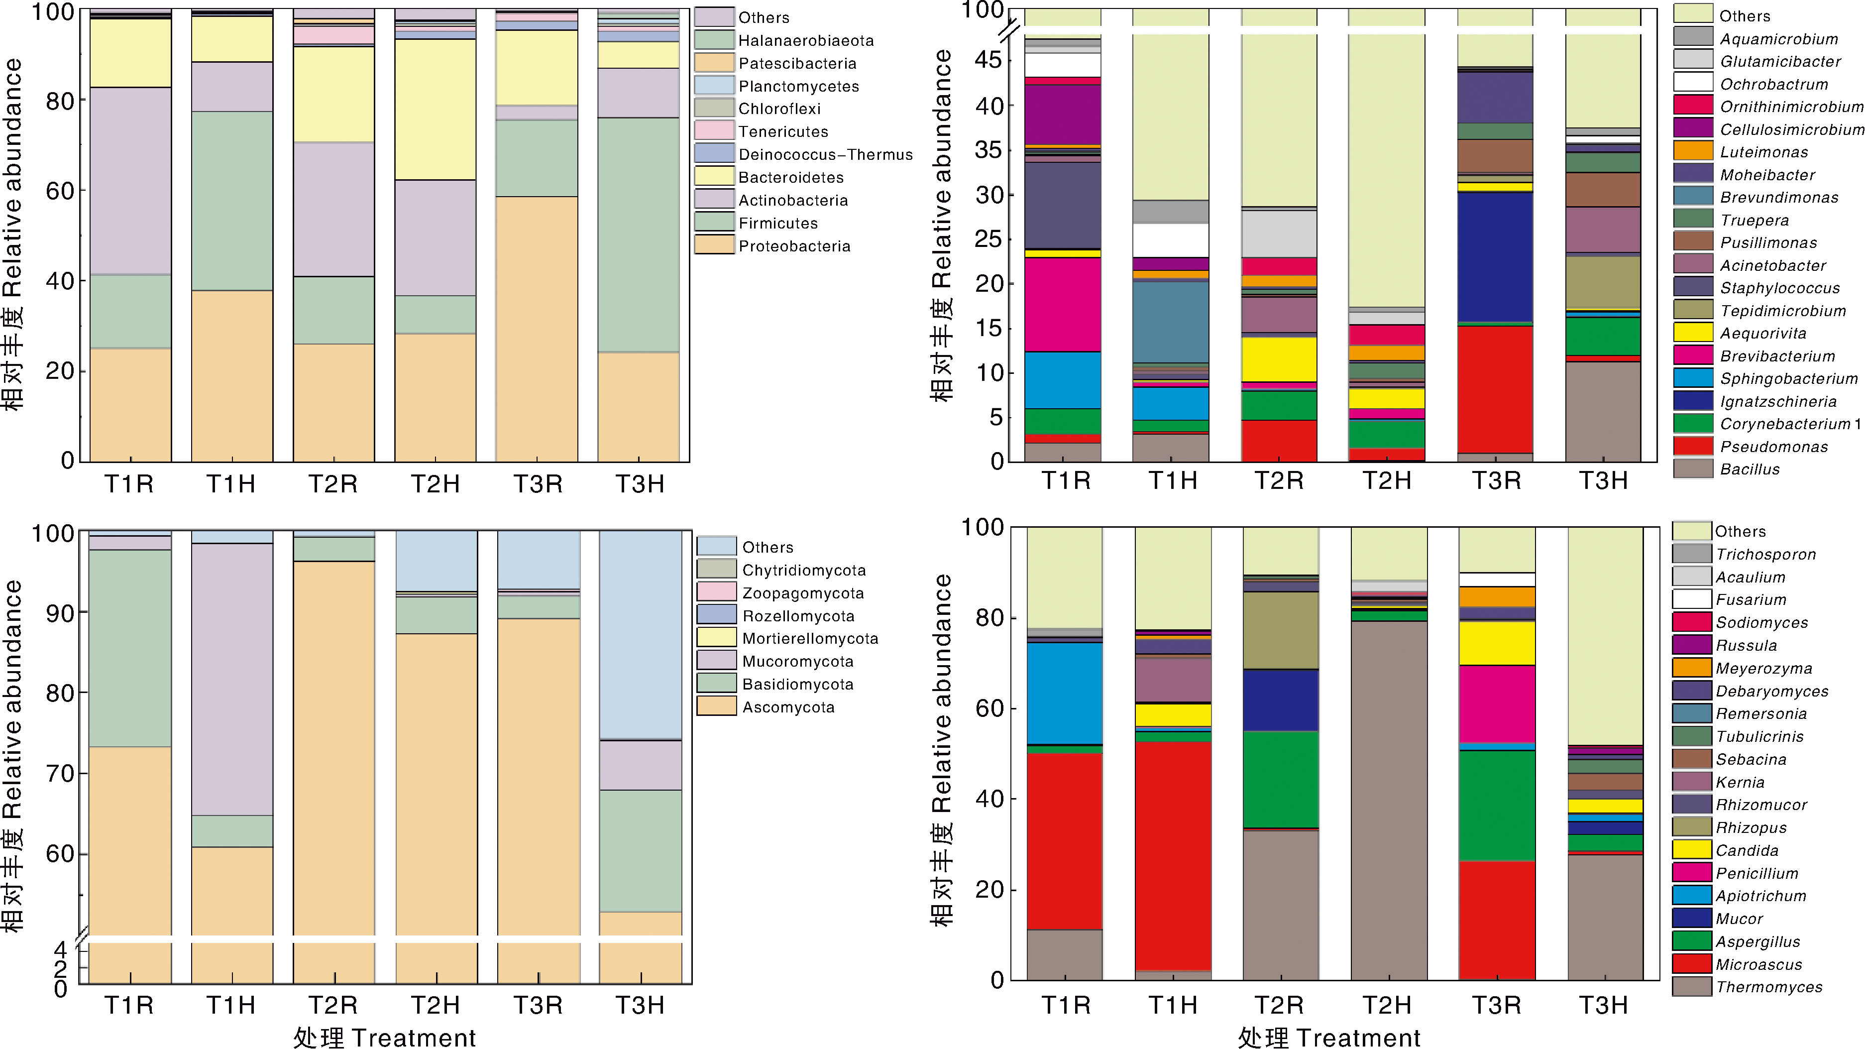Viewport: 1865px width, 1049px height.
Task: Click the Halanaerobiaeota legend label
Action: pos(806,40)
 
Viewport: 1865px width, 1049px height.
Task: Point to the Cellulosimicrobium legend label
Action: pos(1791,129)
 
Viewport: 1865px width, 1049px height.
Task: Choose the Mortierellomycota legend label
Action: pos(810,639)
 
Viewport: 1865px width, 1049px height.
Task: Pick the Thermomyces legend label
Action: pos(1769,987)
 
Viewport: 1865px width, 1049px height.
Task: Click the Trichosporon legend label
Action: pos(1766,555)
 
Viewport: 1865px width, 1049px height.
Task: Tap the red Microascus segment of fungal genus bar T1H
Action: pos(1172,854)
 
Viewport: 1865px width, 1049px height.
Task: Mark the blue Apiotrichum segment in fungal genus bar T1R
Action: pos(1064,693)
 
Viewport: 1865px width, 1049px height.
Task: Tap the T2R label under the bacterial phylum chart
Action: pos(333,483)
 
